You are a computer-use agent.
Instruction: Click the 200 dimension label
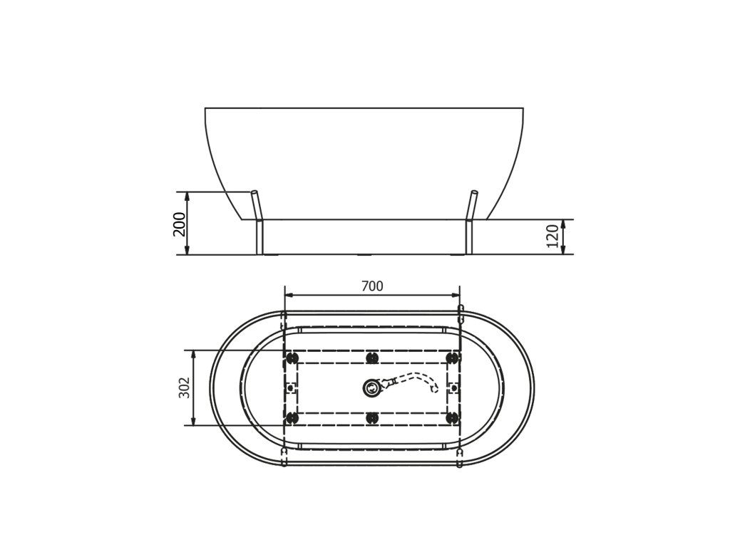tap(179, 224)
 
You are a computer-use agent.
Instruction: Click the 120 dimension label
tap(552, 236)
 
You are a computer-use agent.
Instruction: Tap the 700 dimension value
tap(372, 286)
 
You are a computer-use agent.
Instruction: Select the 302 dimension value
tap(185, 387)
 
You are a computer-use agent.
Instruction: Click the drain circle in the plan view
tap(371, 387)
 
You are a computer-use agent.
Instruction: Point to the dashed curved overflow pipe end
tap(434, 388)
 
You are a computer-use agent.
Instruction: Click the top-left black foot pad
tap(292, 358)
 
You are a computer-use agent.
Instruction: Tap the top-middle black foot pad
tap(371, 358)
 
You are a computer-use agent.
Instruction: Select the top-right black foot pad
tap(451, 358)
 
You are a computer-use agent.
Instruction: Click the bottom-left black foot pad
tap(292, 417)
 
